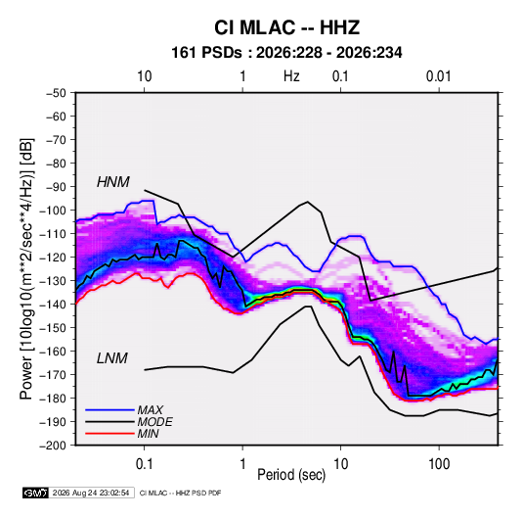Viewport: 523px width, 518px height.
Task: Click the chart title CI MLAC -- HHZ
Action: (286, 27)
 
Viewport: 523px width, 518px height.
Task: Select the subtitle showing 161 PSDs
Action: (286, 53)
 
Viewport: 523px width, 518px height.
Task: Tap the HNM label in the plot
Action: (113, 182)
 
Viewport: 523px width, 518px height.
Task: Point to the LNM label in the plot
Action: (112, 358)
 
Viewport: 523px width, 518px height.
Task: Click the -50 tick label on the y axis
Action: (56, 93)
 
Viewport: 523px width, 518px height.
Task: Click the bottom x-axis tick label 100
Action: (439, 464)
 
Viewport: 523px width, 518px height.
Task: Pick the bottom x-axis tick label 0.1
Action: (144, 464)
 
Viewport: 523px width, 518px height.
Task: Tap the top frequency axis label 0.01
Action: (438, 76)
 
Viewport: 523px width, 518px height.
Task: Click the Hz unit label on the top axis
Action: (291, 76)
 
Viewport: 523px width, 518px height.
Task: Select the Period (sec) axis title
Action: (291, 475)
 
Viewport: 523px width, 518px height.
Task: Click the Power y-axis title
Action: (26, 269)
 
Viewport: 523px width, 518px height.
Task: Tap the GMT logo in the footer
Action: (36, 493)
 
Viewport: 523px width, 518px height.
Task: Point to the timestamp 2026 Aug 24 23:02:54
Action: (91, 493)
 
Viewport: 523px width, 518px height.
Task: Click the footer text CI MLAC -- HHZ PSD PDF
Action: (180, 493)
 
